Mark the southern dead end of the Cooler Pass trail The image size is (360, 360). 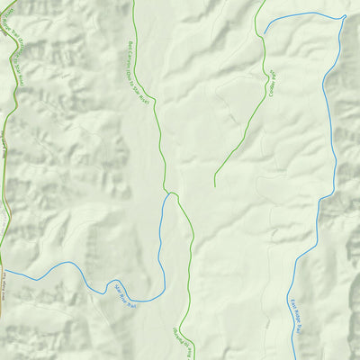214,186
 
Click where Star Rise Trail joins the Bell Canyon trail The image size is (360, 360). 170,193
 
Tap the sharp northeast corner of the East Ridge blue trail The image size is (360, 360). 345,16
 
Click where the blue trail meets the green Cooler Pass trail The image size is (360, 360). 263,34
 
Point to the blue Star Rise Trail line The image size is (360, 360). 72,267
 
